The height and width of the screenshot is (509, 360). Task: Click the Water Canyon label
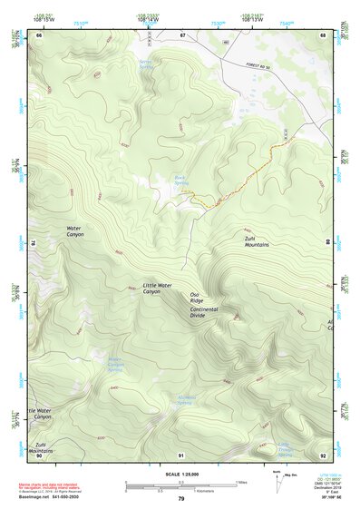coord(74,230)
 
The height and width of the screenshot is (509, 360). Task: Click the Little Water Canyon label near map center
coord(163,288)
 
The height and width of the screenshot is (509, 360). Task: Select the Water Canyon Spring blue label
coord(114,367)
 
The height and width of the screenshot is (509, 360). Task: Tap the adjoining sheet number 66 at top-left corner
coord(39,34)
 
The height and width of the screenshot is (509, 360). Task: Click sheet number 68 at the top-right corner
coord(323,34)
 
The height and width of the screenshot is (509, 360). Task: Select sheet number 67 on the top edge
coord(181,34)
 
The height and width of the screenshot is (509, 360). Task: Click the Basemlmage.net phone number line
coord(51,497)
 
